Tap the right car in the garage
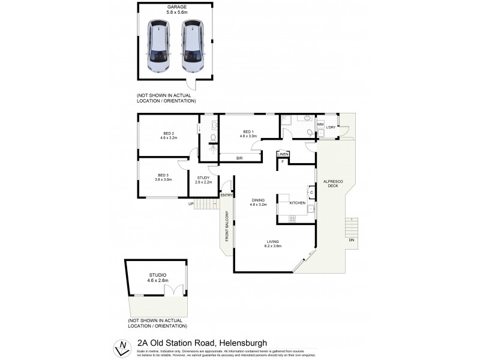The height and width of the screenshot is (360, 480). [192, 47]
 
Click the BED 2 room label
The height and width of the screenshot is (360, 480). [169, 133]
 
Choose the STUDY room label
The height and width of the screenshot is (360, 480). [203, 178]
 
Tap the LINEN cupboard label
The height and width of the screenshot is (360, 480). [283, 155]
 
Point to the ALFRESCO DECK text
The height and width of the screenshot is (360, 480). [331, 184]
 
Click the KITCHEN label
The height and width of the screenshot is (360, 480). [298, 203]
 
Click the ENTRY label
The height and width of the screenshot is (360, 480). [226, 195]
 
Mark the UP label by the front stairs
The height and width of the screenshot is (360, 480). [191, 204]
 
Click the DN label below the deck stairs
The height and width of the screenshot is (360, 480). [352, 240]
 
